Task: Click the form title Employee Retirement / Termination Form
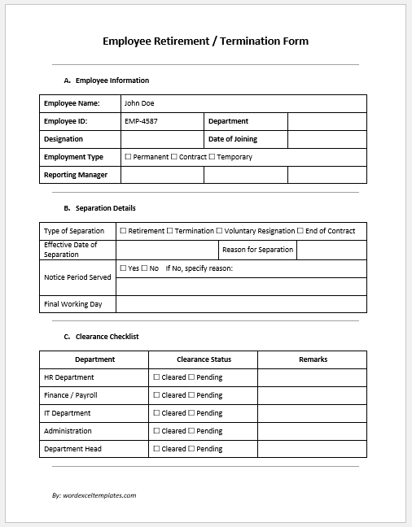(205, 41)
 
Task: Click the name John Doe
(138, 103)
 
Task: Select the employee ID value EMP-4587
(142, 121)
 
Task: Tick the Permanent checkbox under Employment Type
(128, 157)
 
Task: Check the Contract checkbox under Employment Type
(174, 157)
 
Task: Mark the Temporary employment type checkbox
(213, 157)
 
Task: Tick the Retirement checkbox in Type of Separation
(124, 231)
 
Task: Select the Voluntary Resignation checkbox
(219, 231)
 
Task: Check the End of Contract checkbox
(300, 231)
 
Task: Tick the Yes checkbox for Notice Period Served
(124, 268)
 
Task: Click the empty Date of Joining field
(327, 139)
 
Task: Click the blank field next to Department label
(327, 121)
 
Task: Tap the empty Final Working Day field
(242, 304)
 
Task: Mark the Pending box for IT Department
(192, 413)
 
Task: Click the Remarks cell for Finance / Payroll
(312, 395)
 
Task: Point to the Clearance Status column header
(204, 359)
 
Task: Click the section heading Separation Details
(105, 208)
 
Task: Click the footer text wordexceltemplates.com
(99, 494)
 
